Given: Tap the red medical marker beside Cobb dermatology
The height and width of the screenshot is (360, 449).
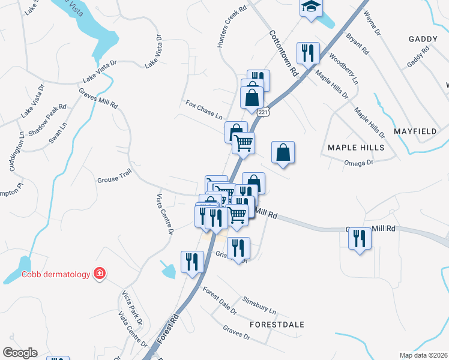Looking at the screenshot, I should [x=99, y=274].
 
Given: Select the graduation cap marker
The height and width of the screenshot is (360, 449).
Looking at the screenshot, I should [x=310, y=7].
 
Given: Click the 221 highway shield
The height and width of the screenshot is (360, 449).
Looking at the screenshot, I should [x=263, y=112].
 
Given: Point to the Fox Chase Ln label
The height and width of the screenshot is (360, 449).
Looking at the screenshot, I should [x=204, y=110].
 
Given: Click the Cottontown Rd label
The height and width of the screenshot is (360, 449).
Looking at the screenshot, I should [x=283, y=53].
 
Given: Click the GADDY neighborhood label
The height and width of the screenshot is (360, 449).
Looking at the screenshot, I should [x=423, y=39].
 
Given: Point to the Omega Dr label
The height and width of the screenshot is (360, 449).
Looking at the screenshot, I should [x=359, y=162].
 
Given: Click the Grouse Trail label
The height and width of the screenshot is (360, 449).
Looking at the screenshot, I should [x=114, y=179].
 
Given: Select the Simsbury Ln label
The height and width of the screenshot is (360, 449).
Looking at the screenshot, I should [x=259, y=305].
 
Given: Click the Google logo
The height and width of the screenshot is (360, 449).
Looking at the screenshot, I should [x=20, y=353].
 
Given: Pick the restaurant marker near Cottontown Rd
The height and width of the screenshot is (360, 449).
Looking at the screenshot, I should [x=308, y=52].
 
